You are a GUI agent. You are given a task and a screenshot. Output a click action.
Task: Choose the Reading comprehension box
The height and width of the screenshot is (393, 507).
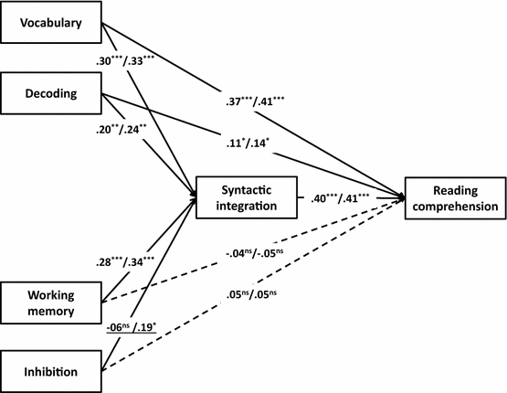click(x=454, y=196)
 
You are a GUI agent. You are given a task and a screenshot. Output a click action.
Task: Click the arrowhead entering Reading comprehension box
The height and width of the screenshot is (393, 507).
click(x=403, y=196)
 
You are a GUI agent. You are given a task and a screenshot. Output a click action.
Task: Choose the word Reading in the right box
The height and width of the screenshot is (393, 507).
click(x=454, y=187)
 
